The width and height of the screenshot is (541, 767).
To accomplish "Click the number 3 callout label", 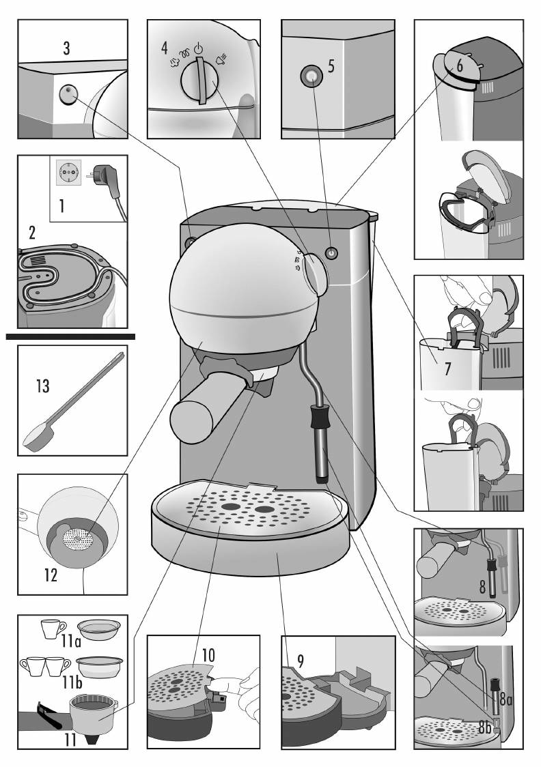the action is pyautogui.click(x=66, y=48).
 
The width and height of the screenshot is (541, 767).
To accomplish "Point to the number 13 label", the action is pyautogui.click(x=42, y=386).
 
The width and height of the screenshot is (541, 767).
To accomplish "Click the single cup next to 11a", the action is pyautogui.click(x=53, y=628).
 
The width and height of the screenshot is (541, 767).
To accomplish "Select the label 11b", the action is pyautogui.click(x=72, y=682).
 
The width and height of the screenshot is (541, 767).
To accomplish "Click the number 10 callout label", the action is pyautogui.click(x=208, y=656).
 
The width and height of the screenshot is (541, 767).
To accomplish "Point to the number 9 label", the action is pyautogui.click(x=301, y=661).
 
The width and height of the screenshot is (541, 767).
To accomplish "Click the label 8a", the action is pyautogui.click(x=505, y=699).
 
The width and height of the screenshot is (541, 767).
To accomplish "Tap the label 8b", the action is pyautogui.click(x=485, y=727).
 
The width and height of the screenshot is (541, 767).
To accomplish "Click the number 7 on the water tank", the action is pyautogui.click(x=447, y=368).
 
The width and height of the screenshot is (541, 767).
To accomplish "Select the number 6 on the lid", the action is pyautogui.click(x=460, y=65).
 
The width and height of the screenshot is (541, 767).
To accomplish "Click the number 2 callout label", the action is pyautogui.click(x=32, y=232).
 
